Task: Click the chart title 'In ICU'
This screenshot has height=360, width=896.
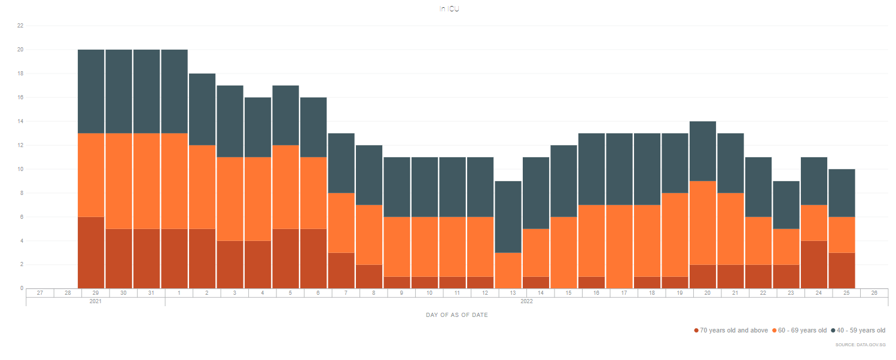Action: tap(449, 9)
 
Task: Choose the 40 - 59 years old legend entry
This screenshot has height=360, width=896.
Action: tap(861, 330)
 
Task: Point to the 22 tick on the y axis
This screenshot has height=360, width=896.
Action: tap(20, 26)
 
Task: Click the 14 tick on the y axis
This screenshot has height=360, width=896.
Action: tap(20, 121)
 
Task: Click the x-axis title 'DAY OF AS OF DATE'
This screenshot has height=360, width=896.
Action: tap(456, 315)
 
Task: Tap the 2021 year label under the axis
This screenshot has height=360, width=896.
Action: tap(96, 301)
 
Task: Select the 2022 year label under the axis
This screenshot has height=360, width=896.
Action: tap(526, 301)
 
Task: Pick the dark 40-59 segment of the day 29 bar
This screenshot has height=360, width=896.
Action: tap(91, 91)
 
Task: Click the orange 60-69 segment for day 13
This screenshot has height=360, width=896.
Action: tap(508, 270)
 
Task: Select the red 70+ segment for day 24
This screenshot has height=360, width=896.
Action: tap(814, 264)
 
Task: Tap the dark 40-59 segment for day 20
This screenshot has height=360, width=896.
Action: tap(703, 151)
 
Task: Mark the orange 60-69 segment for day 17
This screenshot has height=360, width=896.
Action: tap(619, 246)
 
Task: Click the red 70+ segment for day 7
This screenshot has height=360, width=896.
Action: tap(342, 270)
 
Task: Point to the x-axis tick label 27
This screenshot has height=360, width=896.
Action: tap(39, 293)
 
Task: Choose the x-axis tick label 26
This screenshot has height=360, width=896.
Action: tap(874, 293)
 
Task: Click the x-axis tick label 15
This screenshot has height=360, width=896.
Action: tap(568, 293)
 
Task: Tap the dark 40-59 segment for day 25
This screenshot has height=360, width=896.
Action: tap(842, 193)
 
